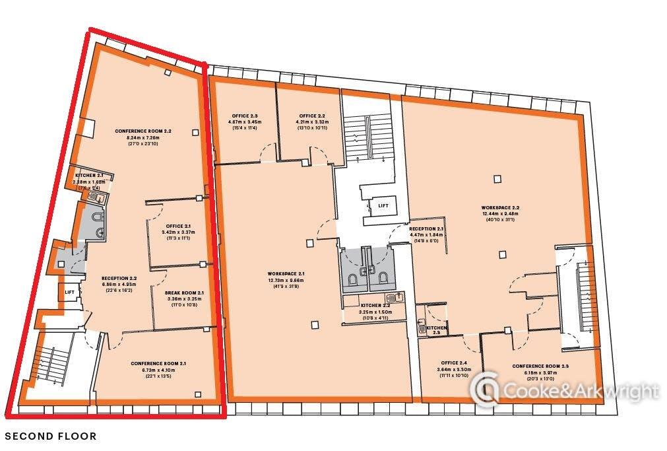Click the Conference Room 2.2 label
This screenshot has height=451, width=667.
(143, 131)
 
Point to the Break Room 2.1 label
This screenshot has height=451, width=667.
(175, 293)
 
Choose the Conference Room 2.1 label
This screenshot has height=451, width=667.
(158, 363)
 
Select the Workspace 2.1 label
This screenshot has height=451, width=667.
(286, 273)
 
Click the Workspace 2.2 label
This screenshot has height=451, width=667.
(500, 207)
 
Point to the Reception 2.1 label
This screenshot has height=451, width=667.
(426, 228)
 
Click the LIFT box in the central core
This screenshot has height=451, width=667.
(383, 205)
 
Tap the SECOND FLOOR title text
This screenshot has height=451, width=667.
(51, 436)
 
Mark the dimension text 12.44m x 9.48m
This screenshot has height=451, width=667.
(500, 213)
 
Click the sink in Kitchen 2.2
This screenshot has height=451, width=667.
(395, 298)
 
